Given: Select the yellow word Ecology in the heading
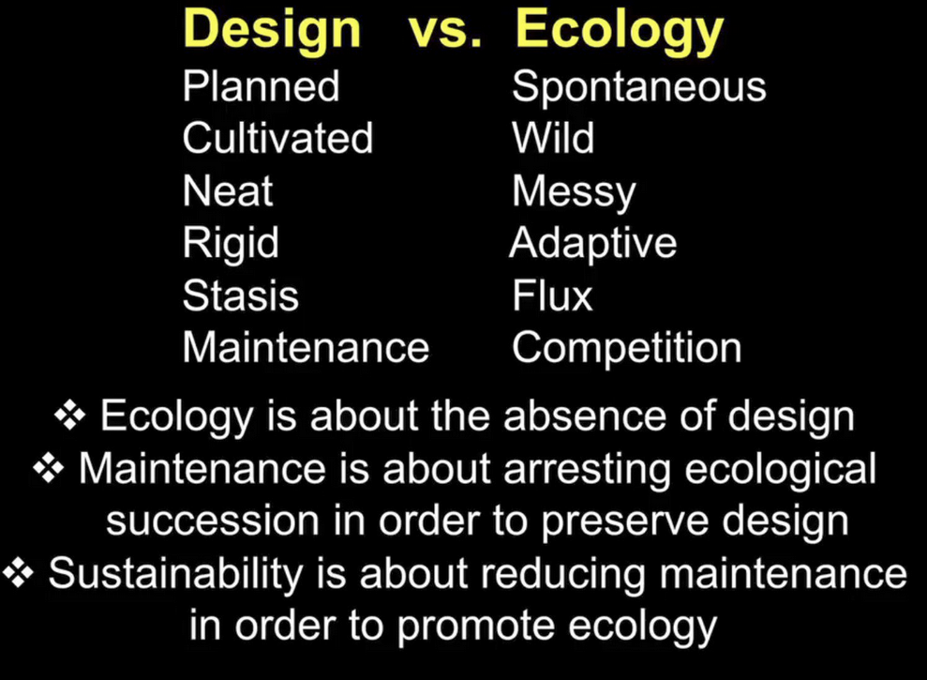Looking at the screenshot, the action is (620, 33).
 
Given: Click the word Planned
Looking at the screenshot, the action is (261, 86).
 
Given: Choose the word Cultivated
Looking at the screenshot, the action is (277, 138).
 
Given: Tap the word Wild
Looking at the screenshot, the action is (553, 138).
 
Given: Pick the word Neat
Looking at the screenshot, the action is (228, 190).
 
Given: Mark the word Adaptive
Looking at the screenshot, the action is (593, 245).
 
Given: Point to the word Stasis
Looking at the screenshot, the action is (241, 295).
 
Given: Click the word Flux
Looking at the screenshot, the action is (552, 295).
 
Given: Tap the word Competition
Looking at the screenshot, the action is (627, 349).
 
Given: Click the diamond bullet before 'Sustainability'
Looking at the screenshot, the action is (19, 574).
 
